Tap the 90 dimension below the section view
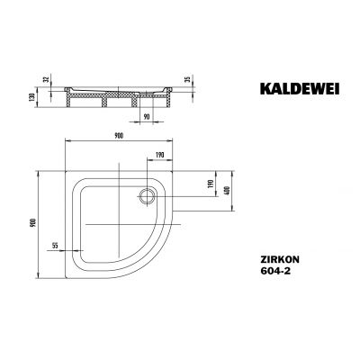(146, 116)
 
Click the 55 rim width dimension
(56, 245)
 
